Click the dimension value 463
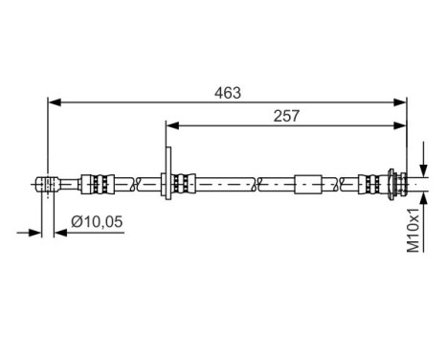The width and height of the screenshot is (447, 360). pyautogui.click(x=227, y=93)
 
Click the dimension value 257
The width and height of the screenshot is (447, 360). pyautogui.click(x=285, y=116)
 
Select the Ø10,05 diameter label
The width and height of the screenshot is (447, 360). pyautogui.click(x=98, y=222)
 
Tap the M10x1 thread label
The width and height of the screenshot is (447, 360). pyautogui.click(x=413, y=230)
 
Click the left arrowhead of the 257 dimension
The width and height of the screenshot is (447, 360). pyautogui.click(x=173, y=124)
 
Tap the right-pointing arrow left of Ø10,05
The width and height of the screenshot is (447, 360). pyautogui.click(x=36, y=231)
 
